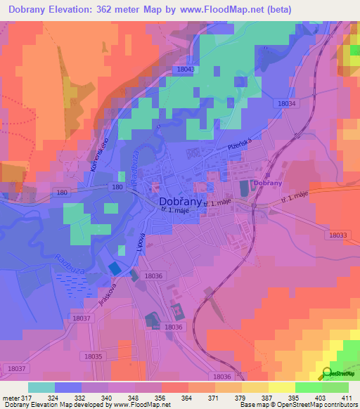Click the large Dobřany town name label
175,200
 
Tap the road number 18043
185,70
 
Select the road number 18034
287,103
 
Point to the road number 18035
91,357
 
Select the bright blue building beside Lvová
113,268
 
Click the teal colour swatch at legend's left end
41,387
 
